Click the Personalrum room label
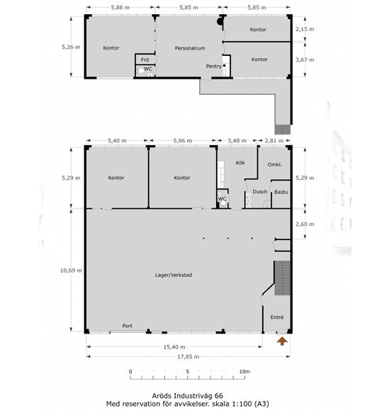(190, 48)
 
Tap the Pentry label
(213, 66)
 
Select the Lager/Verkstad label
(174, 275)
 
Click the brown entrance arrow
(282, 341)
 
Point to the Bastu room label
(281, 192)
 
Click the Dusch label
(260, 192)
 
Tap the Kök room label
(240, 163)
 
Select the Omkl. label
(275, 164)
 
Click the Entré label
(277, 317)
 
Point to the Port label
(128, 326)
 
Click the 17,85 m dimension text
(188, 356)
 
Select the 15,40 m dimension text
(174, 347)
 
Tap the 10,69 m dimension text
(71, 271)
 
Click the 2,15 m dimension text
(305, 29)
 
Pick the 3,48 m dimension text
(237, 141)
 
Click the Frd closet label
(145, 59)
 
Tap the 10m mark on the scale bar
(244, 372)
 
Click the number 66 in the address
(219, 396)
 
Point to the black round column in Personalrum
(220, 22)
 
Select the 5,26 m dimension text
(71, 47)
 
